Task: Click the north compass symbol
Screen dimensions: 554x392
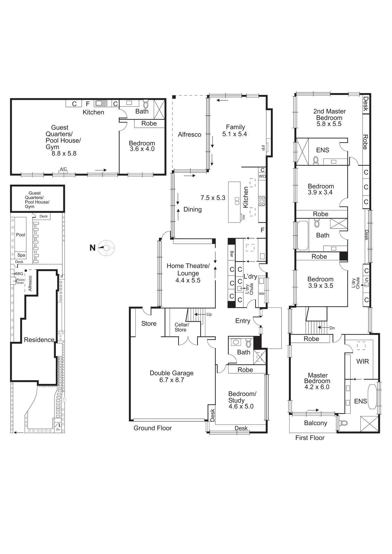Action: [106, 248]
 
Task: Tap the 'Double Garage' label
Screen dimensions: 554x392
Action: [171, 373]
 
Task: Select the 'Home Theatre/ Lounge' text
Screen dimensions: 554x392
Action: [188, 269]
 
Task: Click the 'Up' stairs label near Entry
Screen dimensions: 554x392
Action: [209, 314]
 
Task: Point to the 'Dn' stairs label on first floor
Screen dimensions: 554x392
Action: [332, 328]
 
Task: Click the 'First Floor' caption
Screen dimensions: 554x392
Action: [310, 438]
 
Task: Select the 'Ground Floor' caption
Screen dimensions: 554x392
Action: [152, 428]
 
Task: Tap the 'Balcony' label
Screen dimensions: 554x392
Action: [315, 423]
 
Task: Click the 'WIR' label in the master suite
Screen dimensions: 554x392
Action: [362, 361]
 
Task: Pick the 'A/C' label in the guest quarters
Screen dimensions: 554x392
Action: [63, 169]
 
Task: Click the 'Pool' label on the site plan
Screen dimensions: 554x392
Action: [20, 235]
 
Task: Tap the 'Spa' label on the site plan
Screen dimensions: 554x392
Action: [21, 255]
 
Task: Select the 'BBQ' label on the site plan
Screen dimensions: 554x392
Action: [19, 274]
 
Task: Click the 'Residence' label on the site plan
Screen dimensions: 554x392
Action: [39, 340]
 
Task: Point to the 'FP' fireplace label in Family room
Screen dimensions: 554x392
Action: [263, 148]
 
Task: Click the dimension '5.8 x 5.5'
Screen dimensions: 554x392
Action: [329, 124]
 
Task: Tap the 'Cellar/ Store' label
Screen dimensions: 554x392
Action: [181, 327]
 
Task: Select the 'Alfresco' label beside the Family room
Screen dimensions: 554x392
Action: [189, 134]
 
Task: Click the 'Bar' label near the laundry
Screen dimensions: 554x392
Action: [232, 254]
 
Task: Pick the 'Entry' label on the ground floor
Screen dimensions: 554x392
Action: [242, 321]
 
